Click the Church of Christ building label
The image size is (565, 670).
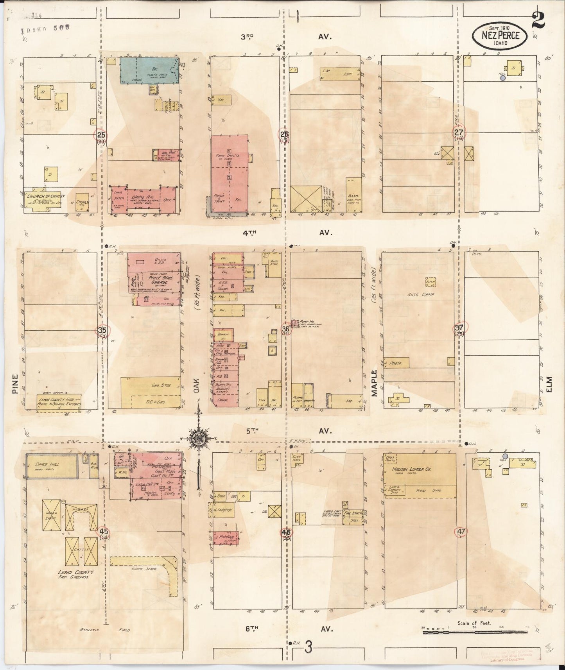(x=43, y=196)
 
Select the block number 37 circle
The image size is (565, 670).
(x=459, y=328)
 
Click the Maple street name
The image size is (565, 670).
(x=374, y=383)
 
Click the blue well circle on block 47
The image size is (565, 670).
(x=505, y=456)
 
